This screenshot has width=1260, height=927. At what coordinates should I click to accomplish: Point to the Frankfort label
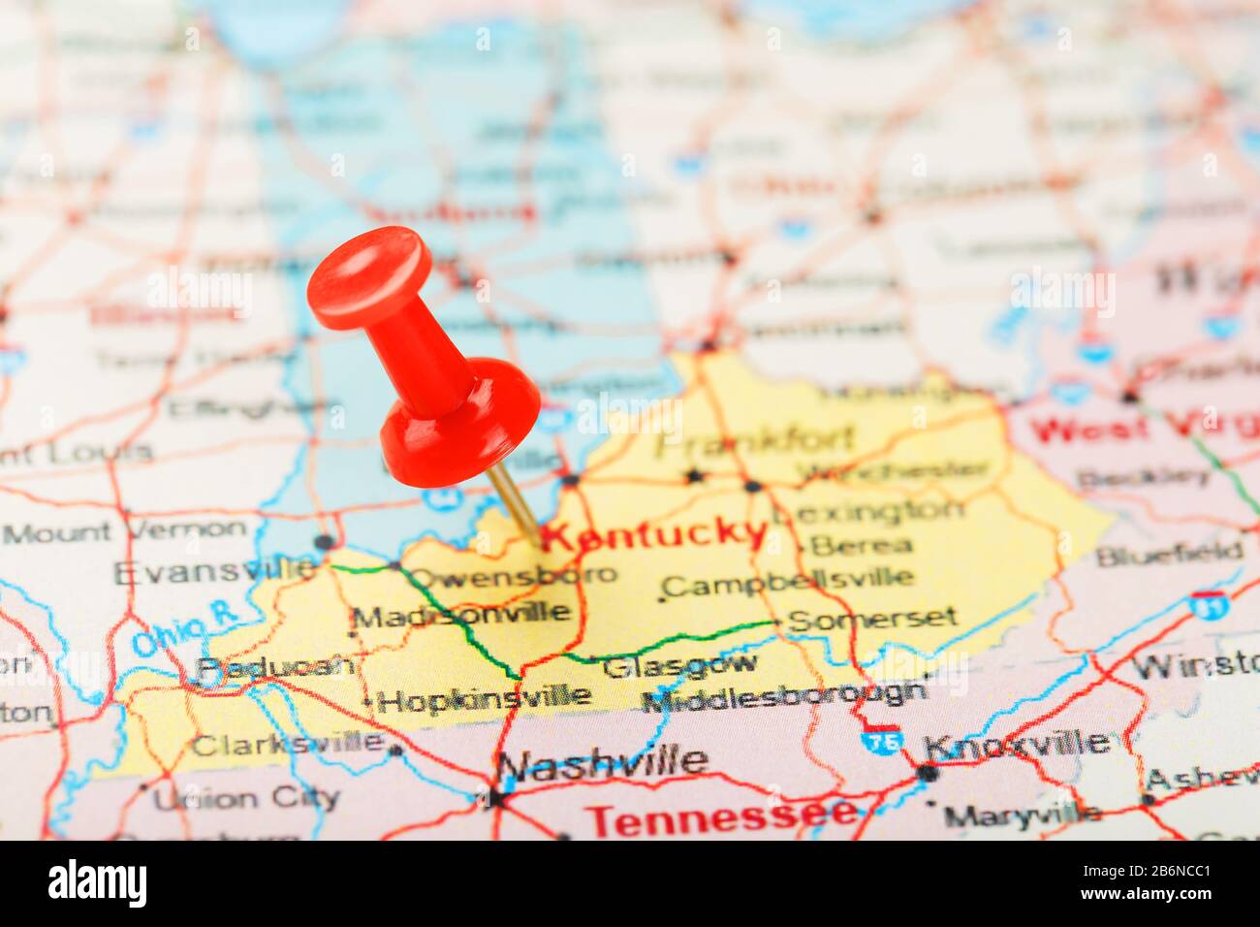(755, 441)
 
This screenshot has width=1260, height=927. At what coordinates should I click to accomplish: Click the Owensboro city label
(512, 575)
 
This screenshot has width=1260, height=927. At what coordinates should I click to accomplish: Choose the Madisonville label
(461, 614)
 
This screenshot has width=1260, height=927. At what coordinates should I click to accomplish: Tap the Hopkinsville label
(485, 697)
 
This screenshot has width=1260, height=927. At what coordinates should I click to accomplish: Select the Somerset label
(873, 618)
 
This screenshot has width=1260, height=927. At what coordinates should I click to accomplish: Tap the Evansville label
(214, 571)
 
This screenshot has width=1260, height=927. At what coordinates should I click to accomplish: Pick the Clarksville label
(287, 745)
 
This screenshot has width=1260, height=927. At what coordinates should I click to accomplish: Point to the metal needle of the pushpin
(514, 504)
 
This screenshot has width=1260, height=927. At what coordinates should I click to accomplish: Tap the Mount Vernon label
(126, 530)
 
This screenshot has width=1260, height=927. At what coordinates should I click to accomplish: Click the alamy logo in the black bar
(97, 883)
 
